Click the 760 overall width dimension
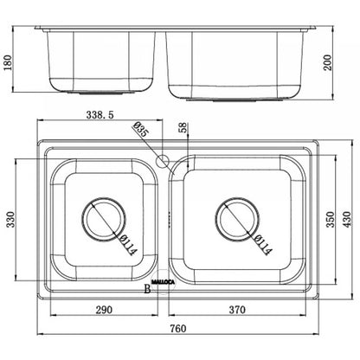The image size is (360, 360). pyautogui.click(x=178, y=329)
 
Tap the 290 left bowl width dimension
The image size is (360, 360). pyautogui.click(x=104, y=310)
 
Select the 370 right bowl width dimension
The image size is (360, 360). pyautogui.click(x=237, y=310)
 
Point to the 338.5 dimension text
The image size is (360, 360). pyautogui.click(x=100, y=115)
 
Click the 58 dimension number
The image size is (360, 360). pyautogui.click(x=183, y=128)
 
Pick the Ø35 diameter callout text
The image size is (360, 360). pyautogui.click(x=141, y=129)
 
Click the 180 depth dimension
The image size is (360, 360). pyautogui.click(x=7, y=62)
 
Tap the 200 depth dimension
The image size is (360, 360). pyautogui.click(x=328, y=62)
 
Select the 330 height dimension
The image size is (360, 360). pyautogui.click(x=10, y=220)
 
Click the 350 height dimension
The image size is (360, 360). pyautogui.click(x=331, y=220)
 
